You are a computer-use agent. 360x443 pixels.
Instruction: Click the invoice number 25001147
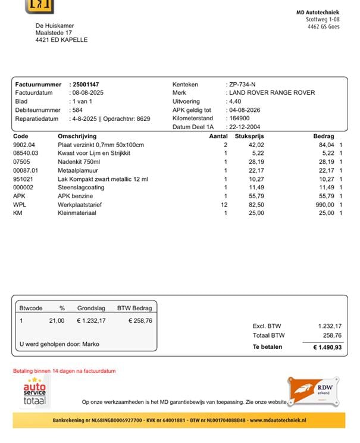point(86,85)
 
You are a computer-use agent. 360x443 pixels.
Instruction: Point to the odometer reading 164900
point(239,118)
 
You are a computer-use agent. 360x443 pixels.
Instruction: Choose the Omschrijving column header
point(77,136)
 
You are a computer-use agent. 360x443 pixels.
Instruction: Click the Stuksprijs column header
point(250,136)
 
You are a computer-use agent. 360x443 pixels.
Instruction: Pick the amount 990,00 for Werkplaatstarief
point(324,204)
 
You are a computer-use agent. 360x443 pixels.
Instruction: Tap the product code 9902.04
point(24,145)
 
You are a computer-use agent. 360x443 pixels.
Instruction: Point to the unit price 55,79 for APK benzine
point(256,196)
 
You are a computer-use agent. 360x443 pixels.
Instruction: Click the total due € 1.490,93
point(327,347)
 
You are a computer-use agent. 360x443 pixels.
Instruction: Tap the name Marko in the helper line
point(91,344)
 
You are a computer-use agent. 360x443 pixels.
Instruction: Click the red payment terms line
point(64,371)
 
